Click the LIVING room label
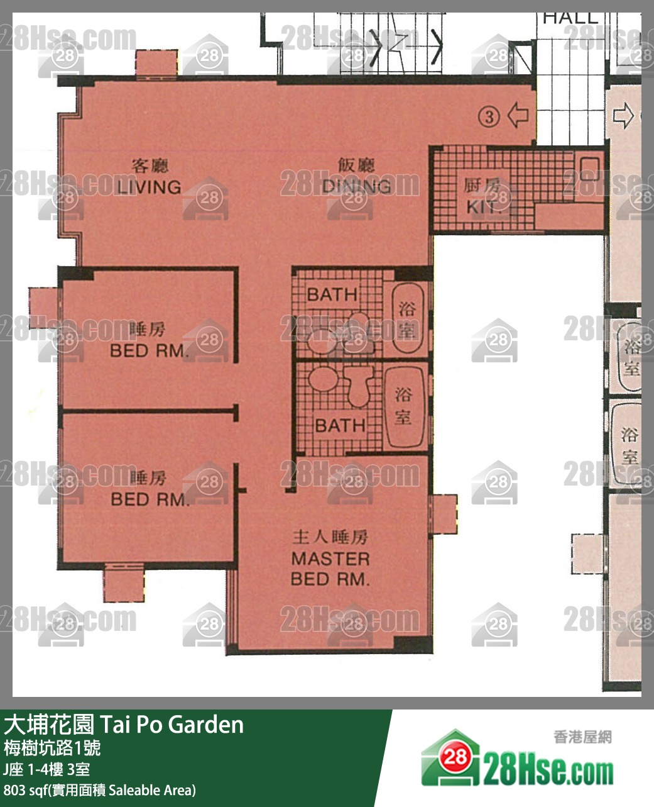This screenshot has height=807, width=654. click(x=149, y=187)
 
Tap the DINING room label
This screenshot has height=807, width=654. click(x=356, y=186)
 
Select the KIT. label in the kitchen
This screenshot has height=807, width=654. click(x=482, y=207)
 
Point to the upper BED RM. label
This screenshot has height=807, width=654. click(x=149, y=350)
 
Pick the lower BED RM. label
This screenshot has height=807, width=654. click(x=150, y=499)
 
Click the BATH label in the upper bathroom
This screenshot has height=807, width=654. click(x=332, y=294)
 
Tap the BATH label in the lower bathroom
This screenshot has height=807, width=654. click(x=340, y=425)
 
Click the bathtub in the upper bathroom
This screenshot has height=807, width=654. click(x=406, y=318)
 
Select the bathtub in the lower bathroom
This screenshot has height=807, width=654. click(x=403, y=406)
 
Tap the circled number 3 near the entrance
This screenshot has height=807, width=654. click(x=489, y=116)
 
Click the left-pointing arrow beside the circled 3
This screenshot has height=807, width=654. click(x=518, y=115)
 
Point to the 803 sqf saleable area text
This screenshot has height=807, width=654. click(x=100, y=790)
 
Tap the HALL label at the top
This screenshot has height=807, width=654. click(x=570, y=18)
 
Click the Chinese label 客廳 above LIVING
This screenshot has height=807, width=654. click(x=150, y=166)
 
